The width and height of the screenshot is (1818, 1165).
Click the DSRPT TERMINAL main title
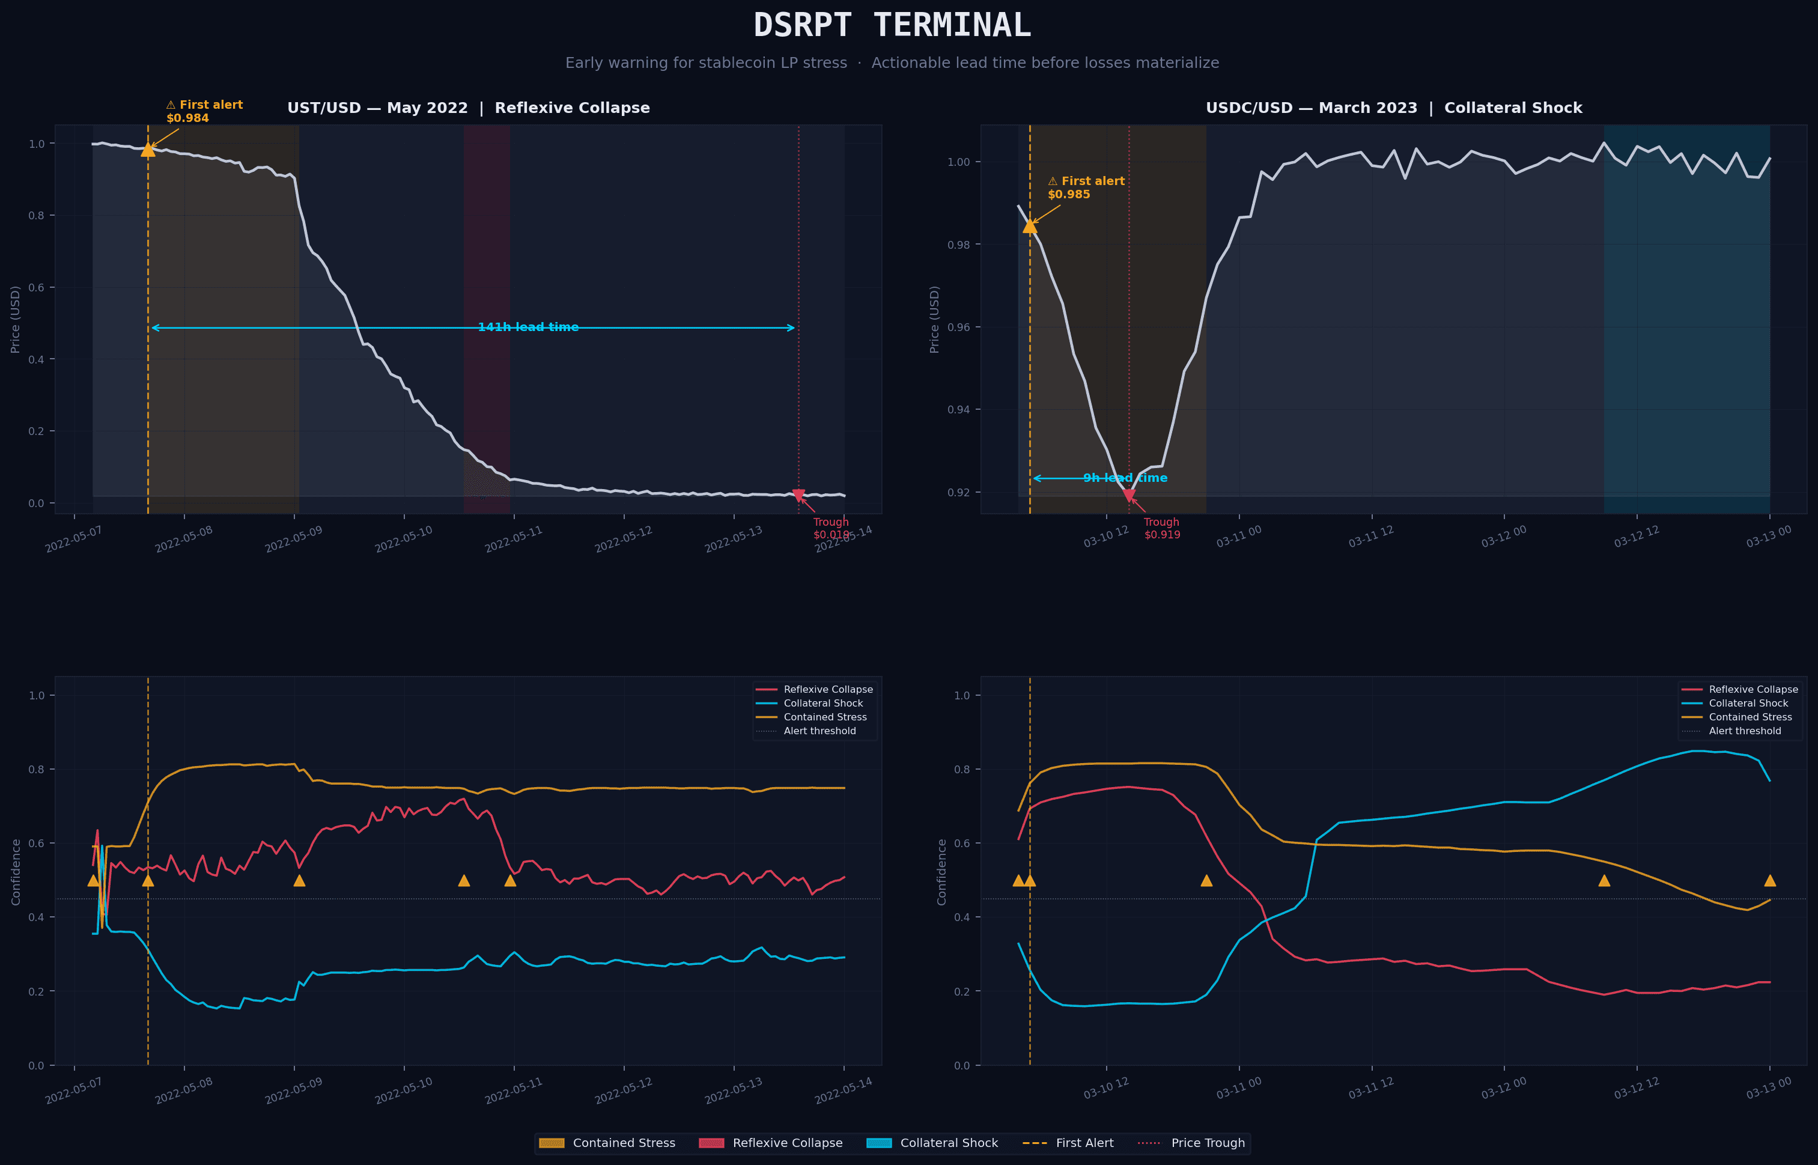coord(892,26)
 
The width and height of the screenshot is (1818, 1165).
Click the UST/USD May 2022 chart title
coord(468,108)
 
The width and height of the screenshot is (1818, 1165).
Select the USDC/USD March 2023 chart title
coord(1393,108)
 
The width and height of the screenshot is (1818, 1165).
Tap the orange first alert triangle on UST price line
coord(148,150)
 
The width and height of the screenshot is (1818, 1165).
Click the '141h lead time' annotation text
coord(528,327)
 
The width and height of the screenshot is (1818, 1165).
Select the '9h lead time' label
coord(1125,478)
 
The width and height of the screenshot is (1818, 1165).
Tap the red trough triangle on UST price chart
coord(798,496)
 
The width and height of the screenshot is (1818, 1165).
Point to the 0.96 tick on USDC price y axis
coord(959,327)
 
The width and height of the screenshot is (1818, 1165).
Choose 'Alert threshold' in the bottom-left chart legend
coord(819,731)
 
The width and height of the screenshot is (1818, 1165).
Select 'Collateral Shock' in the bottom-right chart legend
coord(1748,704)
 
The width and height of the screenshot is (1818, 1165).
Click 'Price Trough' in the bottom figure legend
coord(1207,1143)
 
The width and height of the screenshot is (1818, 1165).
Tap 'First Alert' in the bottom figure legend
coord(1084,1143)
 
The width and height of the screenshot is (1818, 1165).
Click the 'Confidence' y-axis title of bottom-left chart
coord(16,871)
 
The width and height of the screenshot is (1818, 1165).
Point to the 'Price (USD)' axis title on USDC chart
coord(935,319)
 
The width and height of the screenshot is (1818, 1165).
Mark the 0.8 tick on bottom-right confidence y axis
coord(961,769)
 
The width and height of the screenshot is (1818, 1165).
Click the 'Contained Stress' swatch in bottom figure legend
coord(552,1143)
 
